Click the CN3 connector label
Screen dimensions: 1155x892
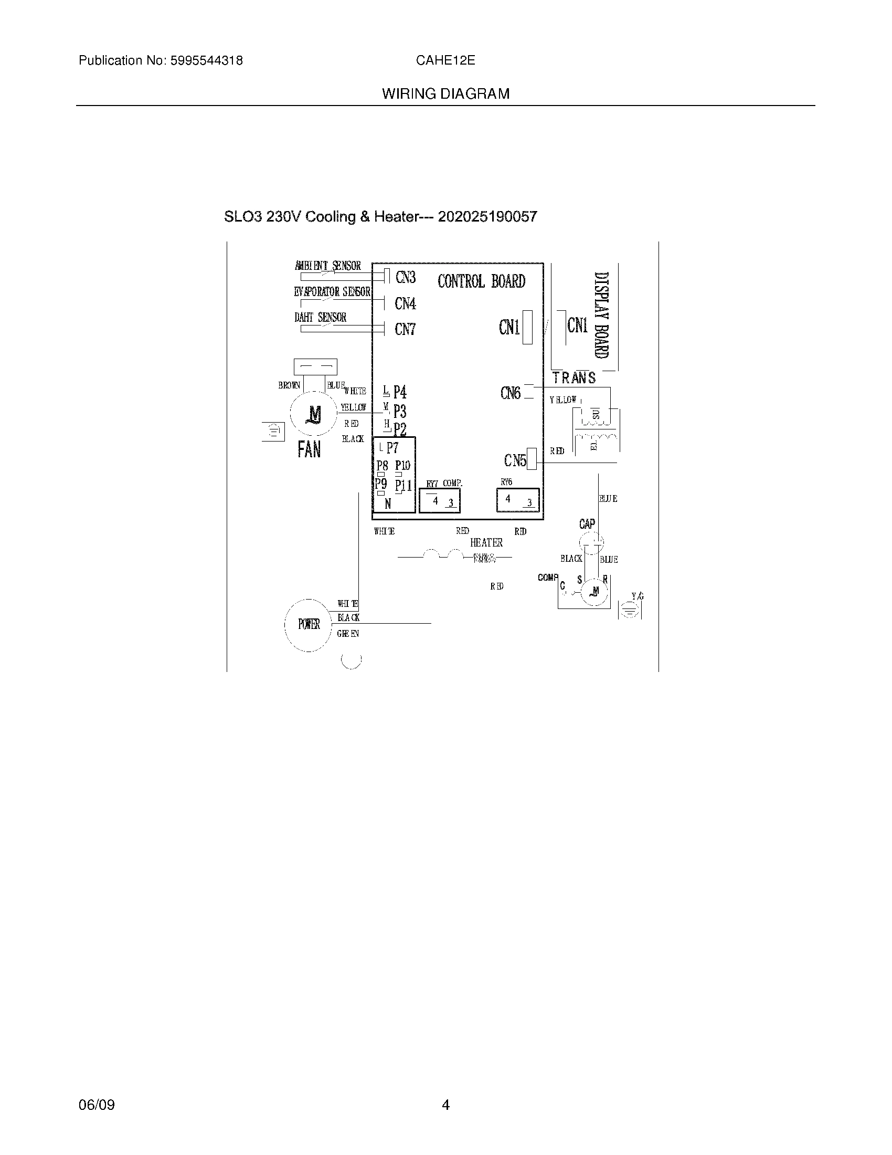click(x=405, y=277)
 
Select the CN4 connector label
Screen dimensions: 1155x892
click(x=405, y=303)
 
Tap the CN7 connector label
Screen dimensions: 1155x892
click(x=405, y=330)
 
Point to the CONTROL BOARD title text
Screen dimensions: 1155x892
click(x=481, y=281)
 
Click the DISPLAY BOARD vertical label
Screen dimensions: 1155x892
click(x=601, y=315)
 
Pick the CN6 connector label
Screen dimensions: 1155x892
click(x=511, y=393)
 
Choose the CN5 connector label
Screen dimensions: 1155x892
click(x=515, y=460)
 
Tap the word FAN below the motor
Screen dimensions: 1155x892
click(x=309, y=449)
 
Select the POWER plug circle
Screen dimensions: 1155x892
click(x=309, y=625)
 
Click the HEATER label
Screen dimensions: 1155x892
click(x=486, y=543)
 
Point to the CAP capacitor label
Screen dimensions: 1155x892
click(x=587, y=524)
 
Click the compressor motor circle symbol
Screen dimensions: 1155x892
click(x=596, y=591)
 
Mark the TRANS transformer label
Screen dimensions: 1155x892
click(x=574, y=378)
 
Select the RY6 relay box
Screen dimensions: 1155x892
click(x=518, y=500)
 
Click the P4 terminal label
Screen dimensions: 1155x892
click(x=400, y=392)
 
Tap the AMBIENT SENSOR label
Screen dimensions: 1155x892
click(x=327, y=266)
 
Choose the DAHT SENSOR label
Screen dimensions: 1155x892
click(x=320, y=317)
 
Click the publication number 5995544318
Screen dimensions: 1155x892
click(x=206, y=61)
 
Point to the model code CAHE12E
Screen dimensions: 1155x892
click(x=445, y=61)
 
